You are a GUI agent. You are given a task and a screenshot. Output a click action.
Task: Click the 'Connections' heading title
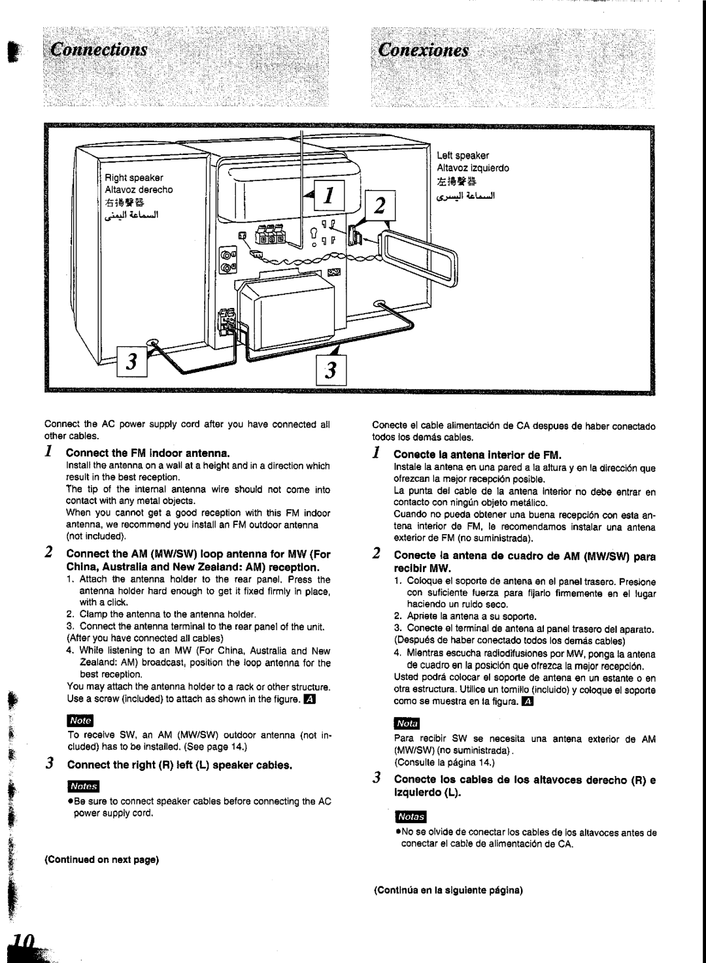click(x=98, y=50)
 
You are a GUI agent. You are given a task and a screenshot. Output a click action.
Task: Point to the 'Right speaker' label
click(x=137, y=178)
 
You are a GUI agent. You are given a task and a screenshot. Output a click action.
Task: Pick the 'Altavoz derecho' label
click(x=142, y=190)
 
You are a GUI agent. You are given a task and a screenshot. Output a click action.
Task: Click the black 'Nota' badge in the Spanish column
click(x=407, y=724)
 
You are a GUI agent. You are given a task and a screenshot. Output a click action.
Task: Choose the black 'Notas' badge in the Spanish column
click(x=411, y=817)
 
